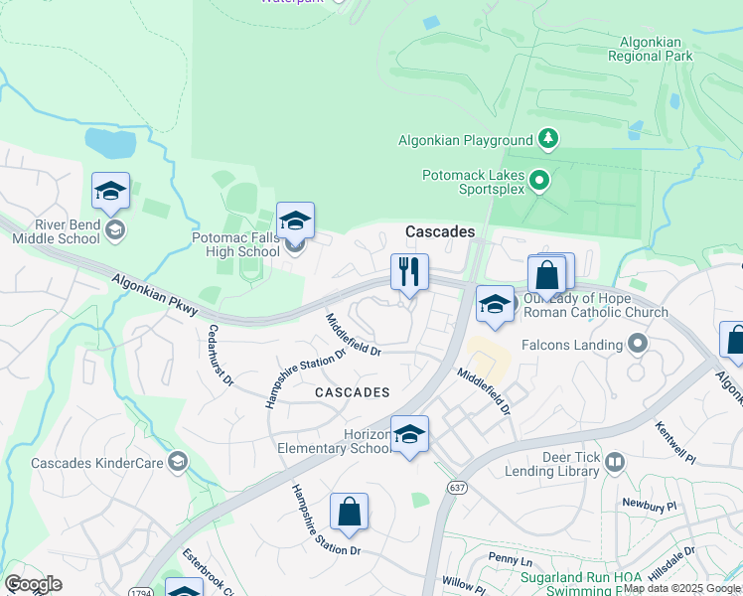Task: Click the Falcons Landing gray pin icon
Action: pos(638,345)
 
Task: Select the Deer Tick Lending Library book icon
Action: pos(615,463)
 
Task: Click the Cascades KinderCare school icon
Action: pos(177,462)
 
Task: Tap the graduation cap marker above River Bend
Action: pos(110,191)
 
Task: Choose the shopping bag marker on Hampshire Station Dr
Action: pos(349,513)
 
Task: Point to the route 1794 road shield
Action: pos(139,594)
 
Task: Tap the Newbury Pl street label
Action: pos(648,505)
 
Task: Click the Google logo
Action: pos(33,584)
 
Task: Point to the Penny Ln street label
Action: pos(511,561)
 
